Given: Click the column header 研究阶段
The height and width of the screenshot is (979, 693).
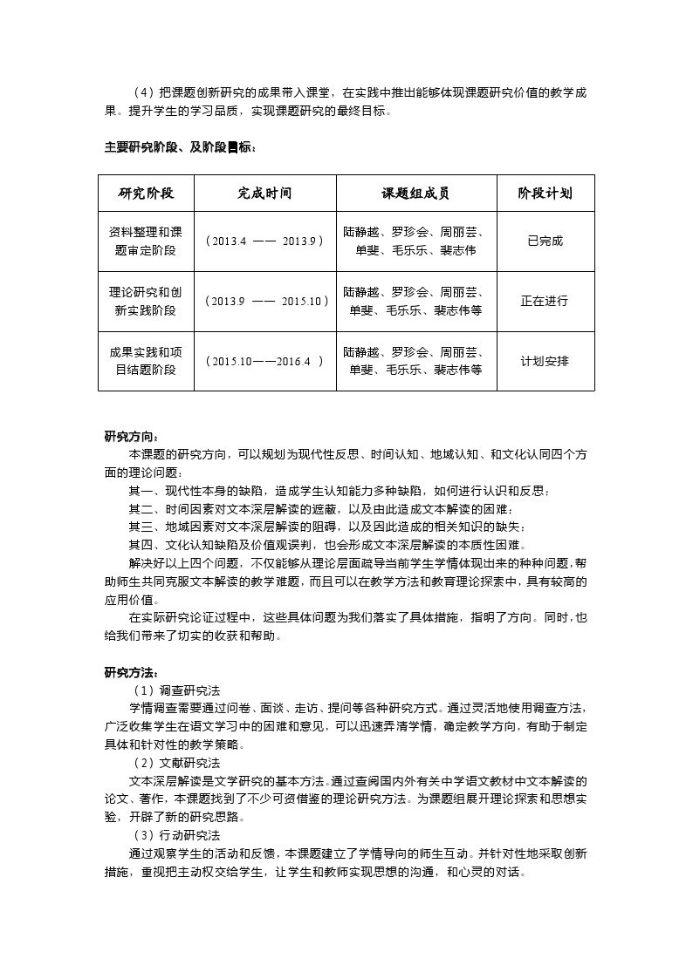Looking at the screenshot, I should pos(146,194).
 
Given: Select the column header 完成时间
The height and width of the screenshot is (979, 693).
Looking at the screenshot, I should pos(264,194).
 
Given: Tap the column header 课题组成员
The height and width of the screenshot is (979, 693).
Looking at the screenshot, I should pos(415,194).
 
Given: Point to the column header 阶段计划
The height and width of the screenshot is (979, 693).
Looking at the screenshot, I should pos(545,194).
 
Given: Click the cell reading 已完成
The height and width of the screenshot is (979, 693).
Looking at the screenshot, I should pos(545,241).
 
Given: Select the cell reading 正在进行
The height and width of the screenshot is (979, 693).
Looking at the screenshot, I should pos(545,301).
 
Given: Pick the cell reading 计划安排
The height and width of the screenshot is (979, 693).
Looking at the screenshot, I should pos(545,361).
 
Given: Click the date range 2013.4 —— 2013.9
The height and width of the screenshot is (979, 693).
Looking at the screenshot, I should pos(264,241).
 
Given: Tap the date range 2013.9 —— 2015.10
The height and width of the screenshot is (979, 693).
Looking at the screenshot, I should pos(264,301).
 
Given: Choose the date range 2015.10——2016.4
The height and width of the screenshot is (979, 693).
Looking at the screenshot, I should pos(264,361).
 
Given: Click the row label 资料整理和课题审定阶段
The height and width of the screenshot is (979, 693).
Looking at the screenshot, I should pos(146,241).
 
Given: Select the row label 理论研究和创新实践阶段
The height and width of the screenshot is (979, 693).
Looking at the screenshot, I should pos(146,301).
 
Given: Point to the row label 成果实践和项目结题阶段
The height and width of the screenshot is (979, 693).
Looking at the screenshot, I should pos(146,361).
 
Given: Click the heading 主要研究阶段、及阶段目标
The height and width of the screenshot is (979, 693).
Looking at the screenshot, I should pos(181,147).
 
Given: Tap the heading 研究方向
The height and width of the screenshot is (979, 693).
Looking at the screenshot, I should pos(132,437).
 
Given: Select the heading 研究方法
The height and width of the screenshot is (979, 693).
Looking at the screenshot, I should pos(132,672).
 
